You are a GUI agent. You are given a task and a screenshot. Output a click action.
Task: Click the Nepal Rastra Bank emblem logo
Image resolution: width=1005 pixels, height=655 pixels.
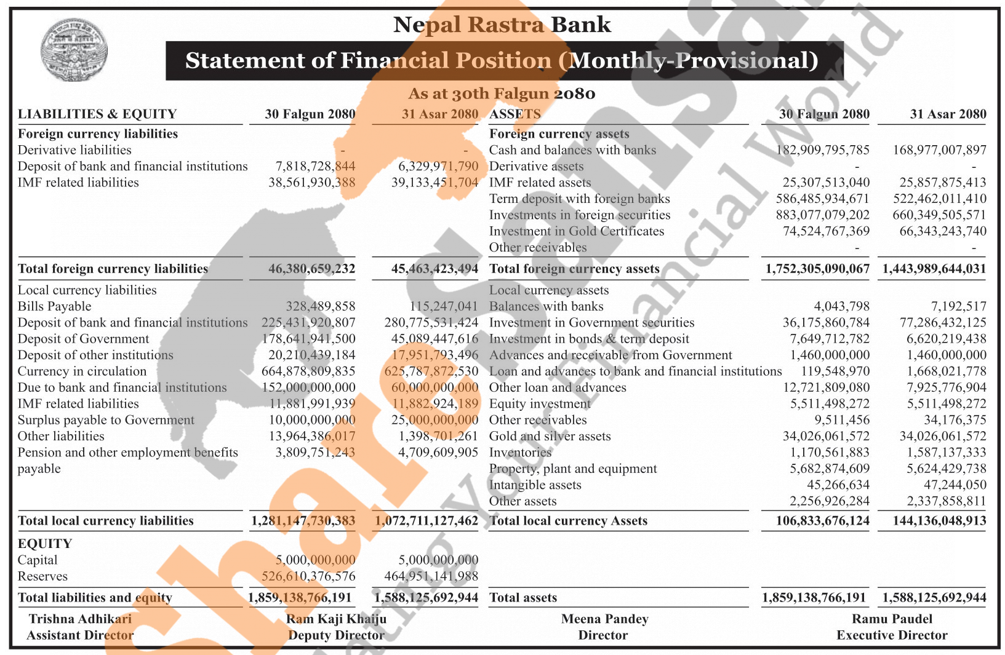(x=74, y=50)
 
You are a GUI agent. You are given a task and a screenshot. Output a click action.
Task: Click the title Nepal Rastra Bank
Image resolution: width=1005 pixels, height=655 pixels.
(x=502, y=25)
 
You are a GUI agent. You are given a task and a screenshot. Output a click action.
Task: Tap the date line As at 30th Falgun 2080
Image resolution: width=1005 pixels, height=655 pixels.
(x=502, y=93)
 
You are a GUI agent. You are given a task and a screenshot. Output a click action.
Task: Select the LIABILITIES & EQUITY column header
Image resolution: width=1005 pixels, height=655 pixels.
(x=97, y=114)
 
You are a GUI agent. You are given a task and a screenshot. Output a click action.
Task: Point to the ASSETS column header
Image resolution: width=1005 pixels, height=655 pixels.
(x=515, y=114)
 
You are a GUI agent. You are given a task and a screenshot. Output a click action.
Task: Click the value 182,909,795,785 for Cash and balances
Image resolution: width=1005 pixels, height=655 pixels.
(x=822, y=150)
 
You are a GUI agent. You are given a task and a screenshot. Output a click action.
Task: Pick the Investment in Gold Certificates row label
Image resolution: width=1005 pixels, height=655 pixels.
(x=576, y=231)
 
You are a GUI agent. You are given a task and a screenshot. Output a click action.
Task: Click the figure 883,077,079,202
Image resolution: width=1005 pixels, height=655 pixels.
(x=822, y=215)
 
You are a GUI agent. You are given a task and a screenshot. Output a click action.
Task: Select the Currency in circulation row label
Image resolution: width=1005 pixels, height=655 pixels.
(x=82, y=371)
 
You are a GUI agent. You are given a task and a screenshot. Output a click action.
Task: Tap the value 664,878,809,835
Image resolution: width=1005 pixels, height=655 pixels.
(x=308, y=371)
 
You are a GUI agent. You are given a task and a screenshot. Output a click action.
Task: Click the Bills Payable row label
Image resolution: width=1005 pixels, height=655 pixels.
(x=54, y=306)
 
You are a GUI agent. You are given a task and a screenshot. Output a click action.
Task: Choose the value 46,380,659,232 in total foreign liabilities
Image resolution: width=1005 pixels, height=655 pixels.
(x=311, y=269)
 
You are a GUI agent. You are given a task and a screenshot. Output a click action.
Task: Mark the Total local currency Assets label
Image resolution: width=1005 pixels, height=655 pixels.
(x=568, y=521)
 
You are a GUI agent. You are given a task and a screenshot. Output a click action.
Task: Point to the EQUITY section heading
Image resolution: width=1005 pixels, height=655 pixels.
(x=45, y=544)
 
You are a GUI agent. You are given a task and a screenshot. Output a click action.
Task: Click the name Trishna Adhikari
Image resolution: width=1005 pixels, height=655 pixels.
(x=80, y=619)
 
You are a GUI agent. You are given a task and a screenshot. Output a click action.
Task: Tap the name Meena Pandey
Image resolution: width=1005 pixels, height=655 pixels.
(x=604, y=619)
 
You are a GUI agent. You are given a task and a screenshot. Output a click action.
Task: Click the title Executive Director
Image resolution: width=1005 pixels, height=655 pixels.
(x=892, y=635)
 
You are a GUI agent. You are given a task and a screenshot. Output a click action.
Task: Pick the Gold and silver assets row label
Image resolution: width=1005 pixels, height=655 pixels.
(x=550, y=437)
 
